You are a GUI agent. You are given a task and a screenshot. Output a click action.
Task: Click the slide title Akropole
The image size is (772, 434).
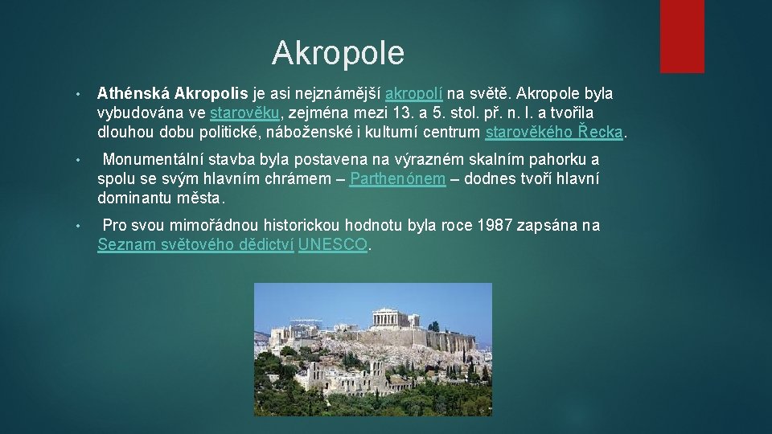pyautogui.click(x=338, y=53)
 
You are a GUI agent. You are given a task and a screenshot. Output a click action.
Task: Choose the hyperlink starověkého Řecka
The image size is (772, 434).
pyautogui.click(x=554, y=133)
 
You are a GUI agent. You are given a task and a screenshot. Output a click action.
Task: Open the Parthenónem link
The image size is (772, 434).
pyautogui.click(x=398, y=179)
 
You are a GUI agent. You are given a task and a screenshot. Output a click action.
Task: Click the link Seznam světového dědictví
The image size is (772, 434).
pyautogui.click(x=195, y=245)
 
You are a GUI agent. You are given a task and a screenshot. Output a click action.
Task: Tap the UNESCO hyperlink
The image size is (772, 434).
pyautogui.click(x=333, y=245)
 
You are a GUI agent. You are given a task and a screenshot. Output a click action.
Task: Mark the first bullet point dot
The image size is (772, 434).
pyautogui.click(x=76, y=94)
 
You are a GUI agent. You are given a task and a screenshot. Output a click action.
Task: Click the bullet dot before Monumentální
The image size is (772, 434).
pyautogui.click(x=76, y=160)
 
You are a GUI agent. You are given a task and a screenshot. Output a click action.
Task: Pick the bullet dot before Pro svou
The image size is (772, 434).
pyautogui.click(x=76, y=226)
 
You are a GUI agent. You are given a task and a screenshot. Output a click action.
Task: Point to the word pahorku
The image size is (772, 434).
pyautogui.click(x=561, y=159)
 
